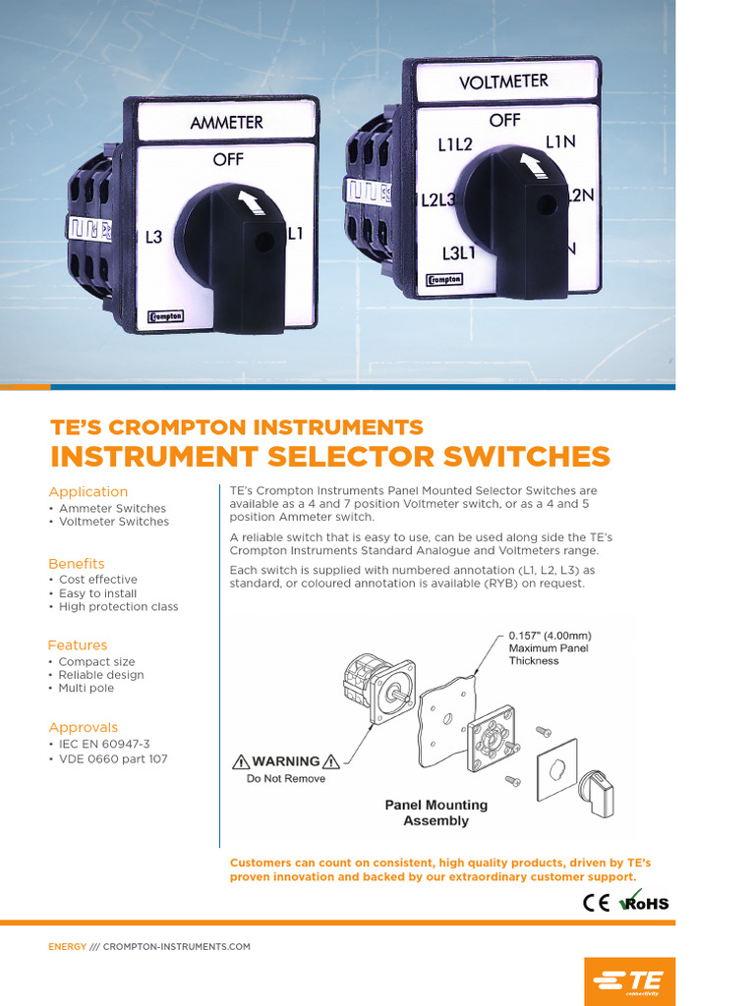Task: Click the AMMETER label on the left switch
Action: click(227, 124)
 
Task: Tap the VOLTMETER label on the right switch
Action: click(503, 82)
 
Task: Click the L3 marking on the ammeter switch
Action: click(153, 237)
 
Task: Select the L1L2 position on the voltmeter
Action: click(455, 144)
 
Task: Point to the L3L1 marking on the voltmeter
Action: click(459, 252)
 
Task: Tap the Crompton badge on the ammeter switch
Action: click(165, 316)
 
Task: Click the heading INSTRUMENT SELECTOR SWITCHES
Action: click(329, 457)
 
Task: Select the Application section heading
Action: click(88, 491)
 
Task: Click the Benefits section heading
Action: click(77, 563)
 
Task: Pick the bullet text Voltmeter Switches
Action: click(113, 522)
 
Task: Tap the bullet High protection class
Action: click(118, 607)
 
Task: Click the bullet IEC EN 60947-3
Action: click(104, 745)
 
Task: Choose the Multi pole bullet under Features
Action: click(87, 688)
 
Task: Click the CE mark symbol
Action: click(597, 903)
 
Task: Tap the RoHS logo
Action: click(644, 901)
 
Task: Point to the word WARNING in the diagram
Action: click(286, 761)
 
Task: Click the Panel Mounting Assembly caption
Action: click(436, 812)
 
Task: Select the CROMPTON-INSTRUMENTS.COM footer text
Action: click(177, 947)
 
